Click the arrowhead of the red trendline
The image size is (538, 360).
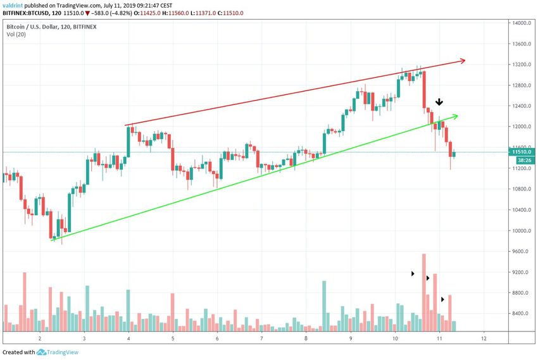click(463, 61)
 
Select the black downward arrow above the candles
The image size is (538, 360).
click(439, 102)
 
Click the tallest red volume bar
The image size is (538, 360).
click(423, 291)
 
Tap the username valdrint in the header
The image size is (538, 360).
click(14, 4)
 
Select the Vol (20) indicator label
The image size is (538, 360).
click(16, 35)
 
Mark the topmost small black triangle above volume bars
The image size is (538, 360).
click(413, 274)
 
